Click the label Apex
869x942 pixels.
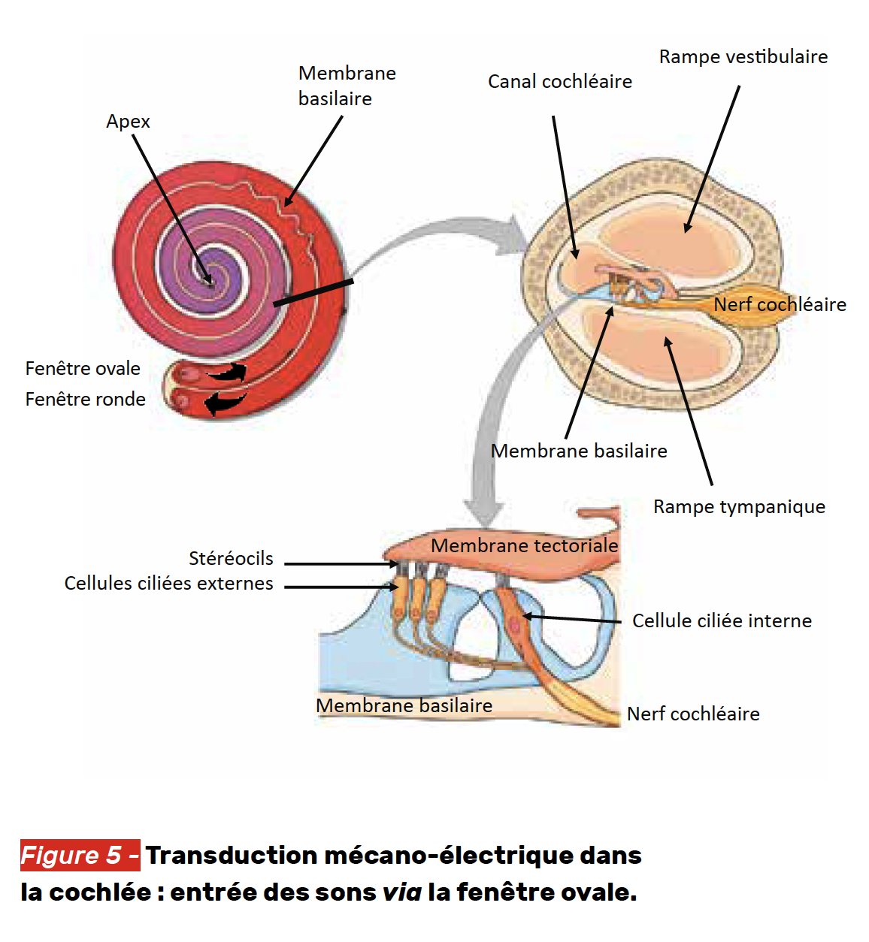tap(128, 122)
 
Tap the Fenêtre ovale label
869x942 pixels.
tap(83, 369)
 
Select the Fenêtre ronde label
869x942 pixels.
tap(85, 400)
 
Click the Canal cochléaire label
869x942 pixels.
tap(559, 82)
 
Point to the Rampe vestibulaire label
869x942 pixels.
tap(743, 57)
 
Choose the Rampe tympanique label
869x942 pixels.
tap(739, 507)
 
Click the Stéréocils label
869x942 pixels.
tap(231, 559)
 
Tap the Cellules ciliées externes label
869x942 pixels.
tap(168, 584)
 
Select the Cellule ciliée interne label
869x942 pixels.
tap(722, 621)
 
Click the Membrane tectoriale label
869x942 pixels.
tap(524, 545)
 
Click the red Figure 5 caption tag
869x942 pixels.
tap(80, 855)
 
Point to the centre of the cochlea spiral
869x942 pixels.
tap(208, 280)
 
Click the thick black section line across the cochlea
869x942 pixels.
tap(313, 293)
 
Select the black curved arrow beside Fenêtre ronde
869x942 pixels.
tap(224, 403)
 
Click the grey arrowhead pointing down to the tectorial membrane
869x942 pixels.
tap(483, 515)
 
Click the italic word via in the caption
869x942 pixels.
tap(401, 892)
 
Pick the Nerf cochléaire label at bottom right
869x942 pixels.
tap(693, 714)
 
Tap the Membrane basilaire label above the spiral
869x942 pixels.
tap(347, 86)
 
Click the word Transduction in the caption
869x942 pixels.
tap(232, 856)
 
